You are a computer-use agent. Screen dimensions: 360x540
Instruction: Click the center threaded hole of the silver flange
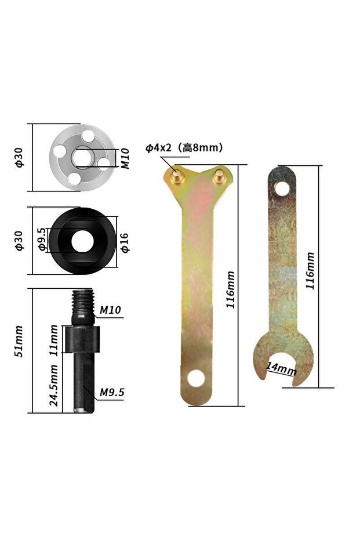[82, 157]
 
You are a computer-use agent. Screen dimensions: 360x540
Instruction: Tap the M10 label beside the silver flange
[126, 158]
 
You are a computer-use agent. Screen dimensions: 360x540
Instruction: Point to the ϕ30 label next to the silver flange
[19, 157]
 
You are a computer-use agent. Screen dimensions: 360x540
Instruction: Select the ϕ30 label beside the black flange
[19, 241]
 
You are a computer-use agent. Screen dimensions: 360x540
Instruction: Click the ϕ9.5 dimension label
[42, 239]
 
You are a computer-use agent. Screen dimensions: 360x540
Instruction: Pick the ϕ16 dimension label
[125, 243]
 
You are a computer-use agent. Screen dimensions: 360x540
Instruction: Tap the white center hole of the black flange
[82, 241]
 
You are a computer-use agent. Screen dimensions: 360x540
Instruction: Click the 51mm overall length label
[19, 341]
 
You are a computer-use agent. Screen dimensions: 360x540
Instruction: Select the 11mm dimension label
[54, 340]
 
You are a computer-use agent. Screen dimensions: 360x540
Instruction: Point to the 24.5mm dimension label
[54, 385]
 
